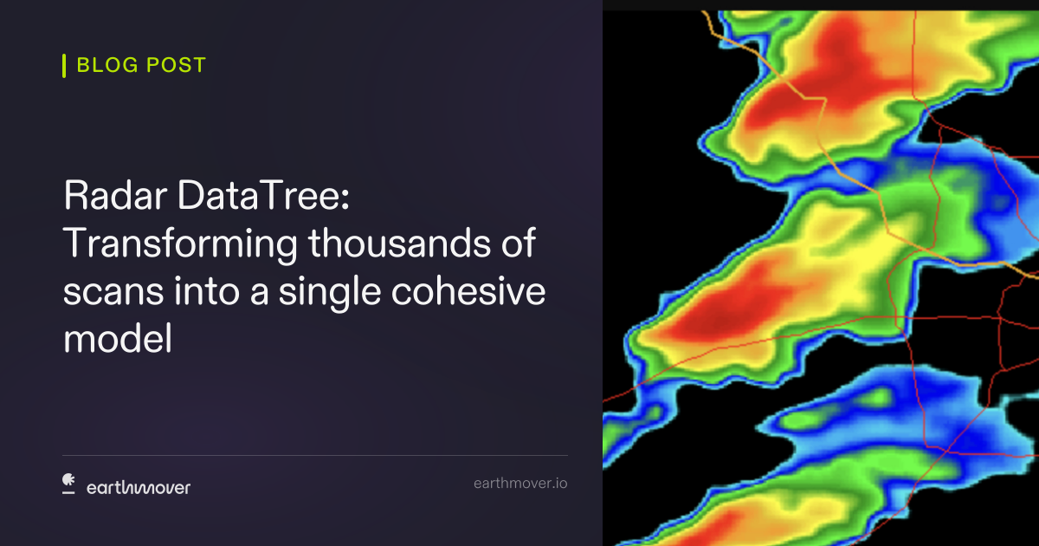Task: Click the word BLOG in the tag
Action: (x=107, y=65)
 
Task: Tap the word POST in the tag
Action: (x=177, y=65)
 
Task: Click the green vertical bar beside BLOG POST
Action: (x=64, y=66)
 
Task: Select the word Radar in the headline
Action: (x=115, y=195)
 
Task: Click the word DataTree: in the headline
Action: (x=263, y=195)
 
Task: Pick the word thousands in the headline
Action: (x=399, y=243)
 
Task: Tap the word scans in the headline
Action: (x=113, y=293)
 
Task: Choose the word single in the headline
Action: (x=330, y=294)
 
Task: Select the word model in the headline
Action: (x=118, y=338)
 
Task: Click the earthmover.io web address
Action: (x=520, y=484)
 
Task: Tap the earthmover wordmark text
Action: (x=139, y=487)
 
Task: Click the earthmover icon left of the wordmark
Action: (x=68, y=484)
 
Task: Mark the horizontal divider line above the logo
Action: (x=315, y=456)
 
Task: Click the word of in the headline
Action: (x=519, y=243)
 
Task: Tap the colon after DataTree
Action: (x=345, y=200)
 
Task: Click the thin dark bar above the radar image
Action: (x=821, y=5)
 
